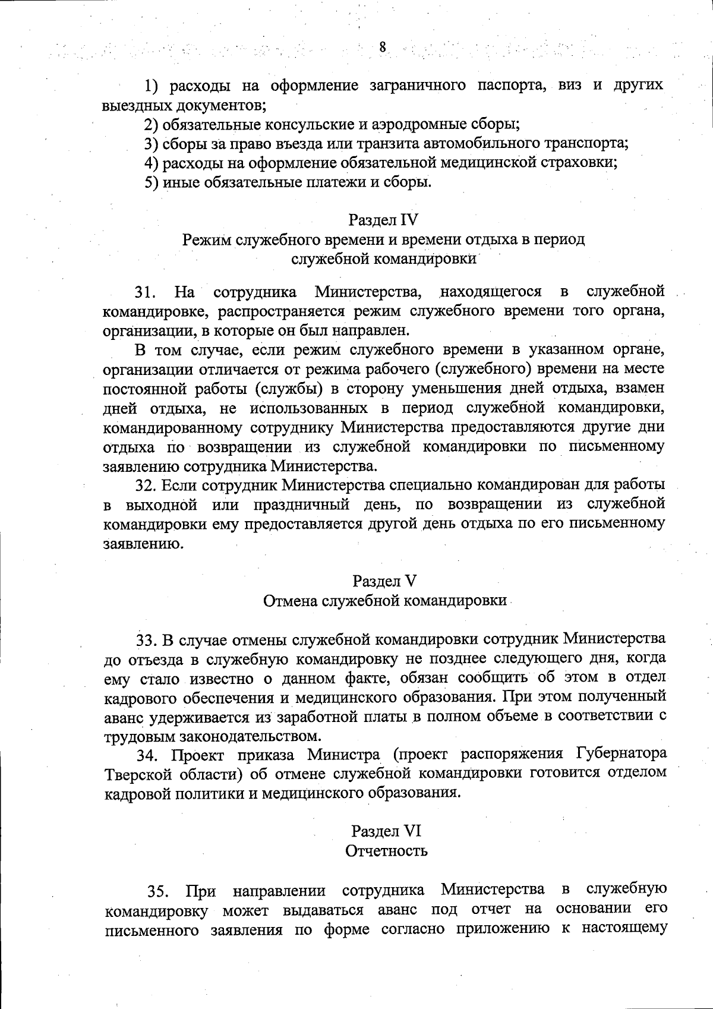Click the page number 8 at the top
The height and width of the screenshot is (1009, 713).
tap(382, 48)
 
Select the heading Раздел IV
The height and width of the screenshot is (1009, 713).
tap(383, 220)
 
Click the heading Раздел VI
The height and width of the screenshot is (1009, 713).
tap(386, 831)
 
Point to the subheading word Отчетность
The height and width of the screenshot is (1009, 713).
tap(386, 850)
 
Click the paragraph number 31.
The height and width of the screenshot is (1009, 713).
tap(145, 292)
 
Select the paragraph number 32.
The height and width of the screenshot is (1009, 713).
tap(146, 485)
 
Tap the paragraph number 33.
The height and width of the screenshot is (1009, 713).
tap(146, 640)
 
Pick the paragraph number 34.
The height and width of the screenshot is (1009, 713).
tap(147, 756)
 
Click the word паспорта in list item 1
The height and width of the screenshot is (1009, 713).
tap(512, 86)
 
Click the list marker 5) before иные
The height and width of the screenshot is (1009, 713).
tap(152, 181)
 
